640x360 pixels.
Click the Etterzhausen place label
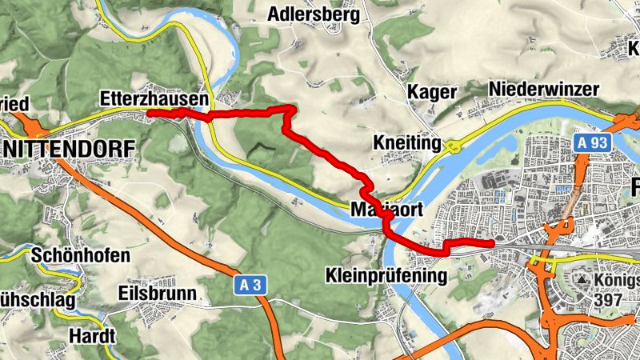(x=155, y=99)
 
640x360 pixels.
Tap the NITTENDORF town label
(x=69, y=149)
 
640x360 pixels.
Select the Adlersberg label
(x=314, y=14)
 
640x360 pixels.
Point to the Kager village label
(x=432, y=92)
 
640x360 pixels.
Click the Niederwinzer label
(x=543, y=89)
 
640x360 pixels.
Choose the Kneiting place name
(x=407, y=143)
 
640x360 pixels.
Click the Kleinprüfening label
(x=386, y=275)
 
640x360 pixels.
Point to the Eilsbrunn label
(x=156, y=293)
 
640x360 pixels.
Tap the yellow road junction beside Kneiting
(x=453, y=146)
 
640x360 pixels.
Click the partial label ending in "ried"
(x=15, y=104)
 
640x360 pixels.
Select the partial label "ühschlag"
(x=38, y=300)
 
